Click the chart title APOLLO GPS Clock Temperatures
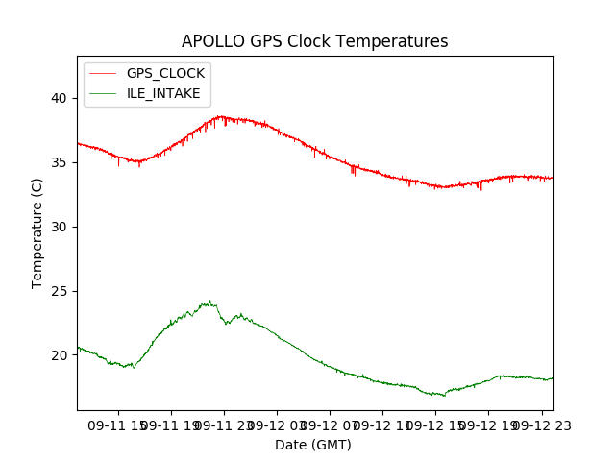[x=314, y=42]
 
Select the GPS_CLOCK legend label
[x=165, y=73]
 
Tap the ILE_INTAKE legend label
[x=163, y=93]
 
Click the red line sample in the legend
[x=103, y=73]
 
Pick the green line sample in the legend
[x=103, y=93]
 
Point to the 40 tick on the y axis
[x=59, y=98]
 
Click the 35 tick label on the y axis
[x=59, y=162]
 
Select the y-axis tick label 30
[x=59, y=227]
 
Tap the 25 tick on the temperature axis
[x=59, y=291]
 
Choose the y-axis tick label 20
[x=59, y=355]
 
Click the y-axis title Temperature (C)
[x=37, y=233]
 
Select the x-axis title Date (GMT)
[x=313, y=445]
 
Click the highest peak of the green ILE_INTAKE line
[x=209, y=301]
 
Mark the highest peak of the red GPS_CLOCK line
[x=220, y=116]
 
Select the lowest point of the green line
[x=443, y=396]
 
